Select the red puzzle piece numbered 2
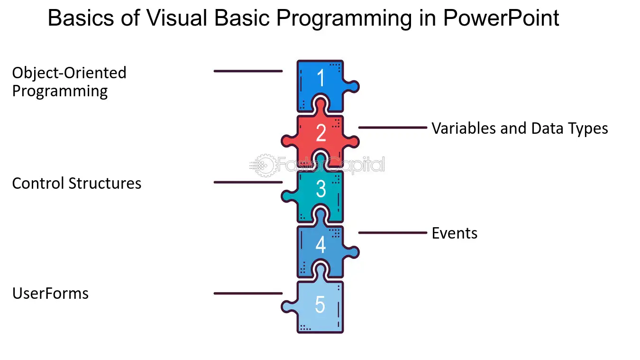click(x=320, y=134)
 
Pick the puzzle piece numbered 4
click(x=320, y=245)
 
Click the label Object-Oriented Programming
click(x=69, y=82)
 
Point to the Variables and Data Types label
click(x=520, y=128)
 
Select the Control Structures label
click(x=77, y=183)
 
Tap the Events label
click(x=454, y=233)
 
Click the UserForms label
click(x=50, y=294)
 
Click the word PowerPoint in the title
click(x=501, y=18)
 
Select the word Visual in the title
click(x=176, y=18)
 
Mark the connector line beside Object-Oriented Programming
click(x=248, y=71)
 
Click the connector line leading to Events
click(x=393, y=233)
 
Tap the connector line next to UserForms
click(x=248, y=294)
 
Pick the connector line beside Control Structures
click(x=248, y=182)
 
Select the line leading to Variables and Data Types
click(x=393, y=128)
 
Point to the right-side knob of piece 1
click(x=353, y=87)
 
